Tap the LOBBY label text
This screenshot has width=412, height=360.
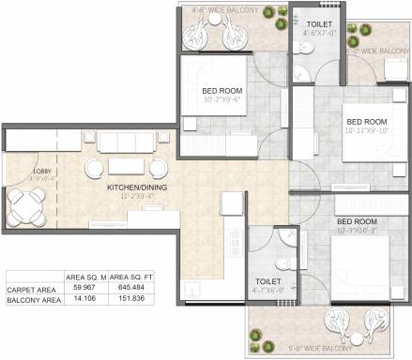20,172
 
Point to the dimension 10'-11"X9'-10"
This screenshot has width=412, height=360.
367,131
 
